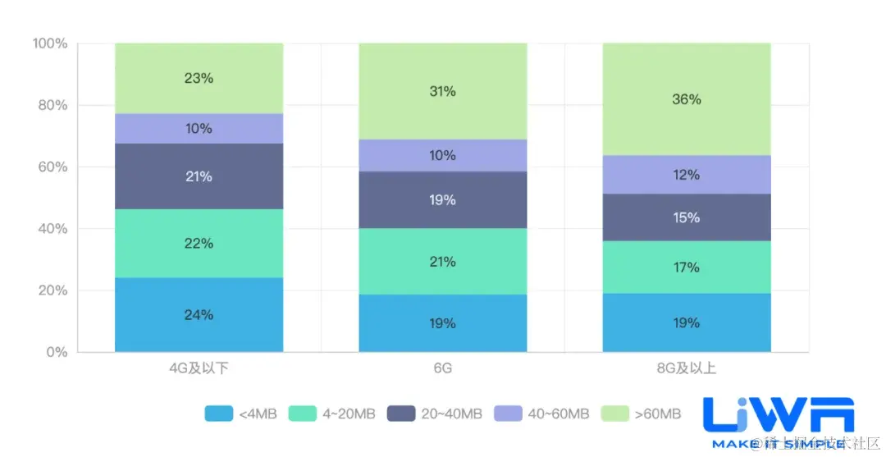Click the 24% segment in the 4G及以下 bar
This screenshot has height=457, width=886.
[199, 315]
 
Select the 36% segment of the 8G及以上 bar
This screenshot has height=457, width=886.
[687, 99]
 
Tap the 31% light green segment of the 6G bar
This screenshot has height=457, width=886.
[442, 91]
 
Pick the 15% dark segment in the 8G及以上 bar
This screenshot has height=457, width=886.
[687, 217]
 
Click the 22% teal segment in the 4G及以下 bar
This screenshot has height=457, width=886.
[199, 243]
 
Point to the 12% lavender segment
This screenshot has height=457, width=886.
[687, 175]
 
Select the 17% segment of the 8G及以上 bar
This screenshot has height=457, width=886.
[687, 267]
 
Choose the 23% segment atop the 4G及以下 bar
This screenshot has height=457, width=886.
[199, 78]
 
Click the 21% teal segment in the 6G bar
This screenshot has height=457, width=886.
[442, 262]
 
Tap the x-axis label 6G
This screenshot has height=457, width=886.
[442, 368]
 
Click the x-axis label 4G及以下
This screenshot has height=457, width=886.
[199, 368]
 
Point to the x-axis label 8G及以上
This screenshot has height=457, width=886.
[687, 368]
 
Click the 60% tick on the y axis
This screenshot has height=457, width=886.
[51, 167]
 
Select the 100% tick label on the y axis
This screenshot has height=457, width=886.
[48, 43]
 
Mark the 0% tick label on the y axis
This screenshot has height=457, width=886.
[55, 352]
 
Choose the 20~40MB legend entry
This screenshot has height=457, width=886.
[436, 414]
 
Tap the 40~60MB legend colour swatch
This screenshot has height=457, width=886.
[508, 414]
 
